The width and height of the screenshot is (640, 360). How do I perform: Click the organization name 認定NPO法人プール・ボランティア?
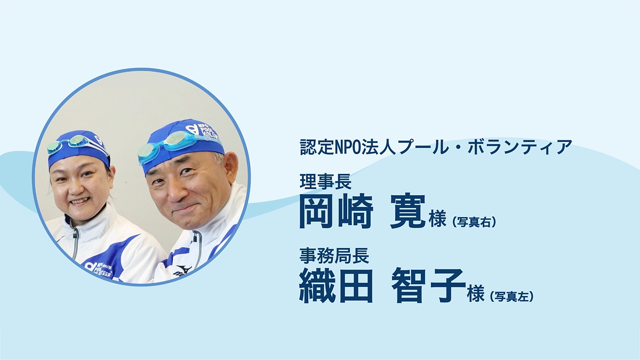436,147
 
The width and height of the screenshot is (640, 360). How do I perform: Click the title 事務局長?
334,257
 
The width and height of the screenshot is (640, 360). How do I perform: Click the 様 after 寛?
437,219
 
